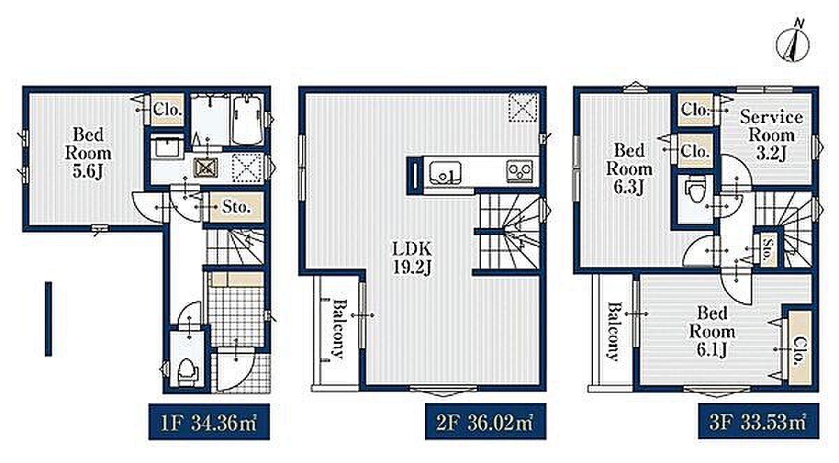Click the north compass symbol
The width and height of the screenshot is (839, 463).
click(x=794, y=45)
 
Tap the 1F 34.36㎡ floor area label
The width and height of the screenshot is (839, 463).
click(x=209, y=422)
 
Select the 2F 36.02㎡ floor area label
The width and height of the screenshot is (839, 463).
click(x=485, y=422)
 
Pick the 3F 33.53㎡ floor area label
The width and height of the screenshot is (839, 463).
click(x=759, y=422)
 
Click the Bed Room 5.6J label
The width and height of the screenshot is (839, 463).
click(x=88, y=153)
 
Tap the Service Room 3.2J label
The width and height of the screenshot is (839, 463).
click(x=771, y=135)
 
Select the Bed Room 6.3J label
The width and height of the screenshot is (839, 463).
click(x=629, y=169)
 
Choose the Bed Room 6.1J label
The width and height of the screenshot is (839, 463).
click(x=712, y=332)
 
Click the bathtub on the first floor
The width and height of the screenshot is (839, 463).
click(x=248, y=119)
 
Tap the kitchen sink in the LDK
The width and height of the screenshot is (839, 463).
click(x=445, y=172)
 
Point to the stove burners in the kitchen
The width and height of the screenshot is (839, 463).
click(x=520, y=171)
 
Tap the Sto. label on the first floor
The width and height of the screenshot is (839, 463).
click(x=236, y=207)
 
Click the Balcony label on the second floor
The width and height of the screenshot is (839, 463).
click(x=338, y=329)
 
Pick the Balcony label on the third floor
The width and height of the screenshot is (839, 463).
click(x=613, y=332)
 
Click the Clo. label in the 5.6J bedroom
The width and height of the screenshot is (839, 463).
click(x=167, y=110)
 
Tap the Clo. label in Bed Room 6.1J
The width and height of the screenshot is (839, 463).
click(x=800, y=352)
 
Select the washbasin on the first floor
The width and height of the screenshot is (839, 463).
click(x=167, y=148)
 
